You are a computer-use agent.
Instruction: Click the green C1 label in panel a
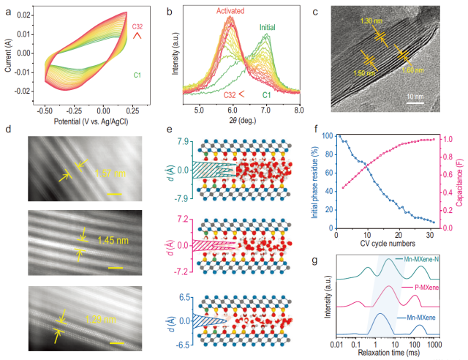(137, 74)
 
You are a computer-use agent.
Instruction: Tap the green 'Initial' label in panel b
(271, 29)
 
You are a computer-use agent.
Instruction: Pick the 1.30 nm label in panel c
(371, 21)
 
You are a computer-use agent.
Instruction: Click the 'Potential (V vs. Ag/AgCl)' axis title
(84, 120)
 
